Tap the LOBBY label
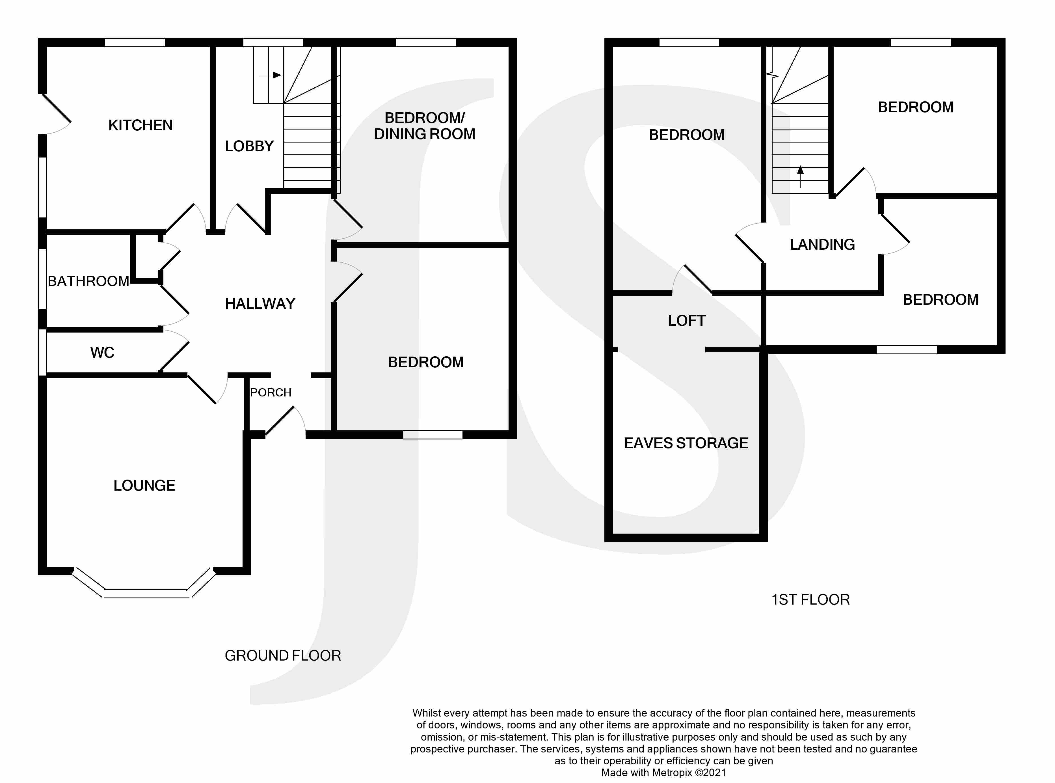click(249, 146)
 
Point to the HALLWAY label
click(260, 303)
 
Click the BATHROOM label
click(88, 281)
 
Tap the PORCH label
click(271, 392)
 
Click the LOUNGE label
click(144, 485)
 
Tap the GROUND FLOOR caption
click(283, 655)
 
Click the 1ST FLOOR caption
click(810, 599)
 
